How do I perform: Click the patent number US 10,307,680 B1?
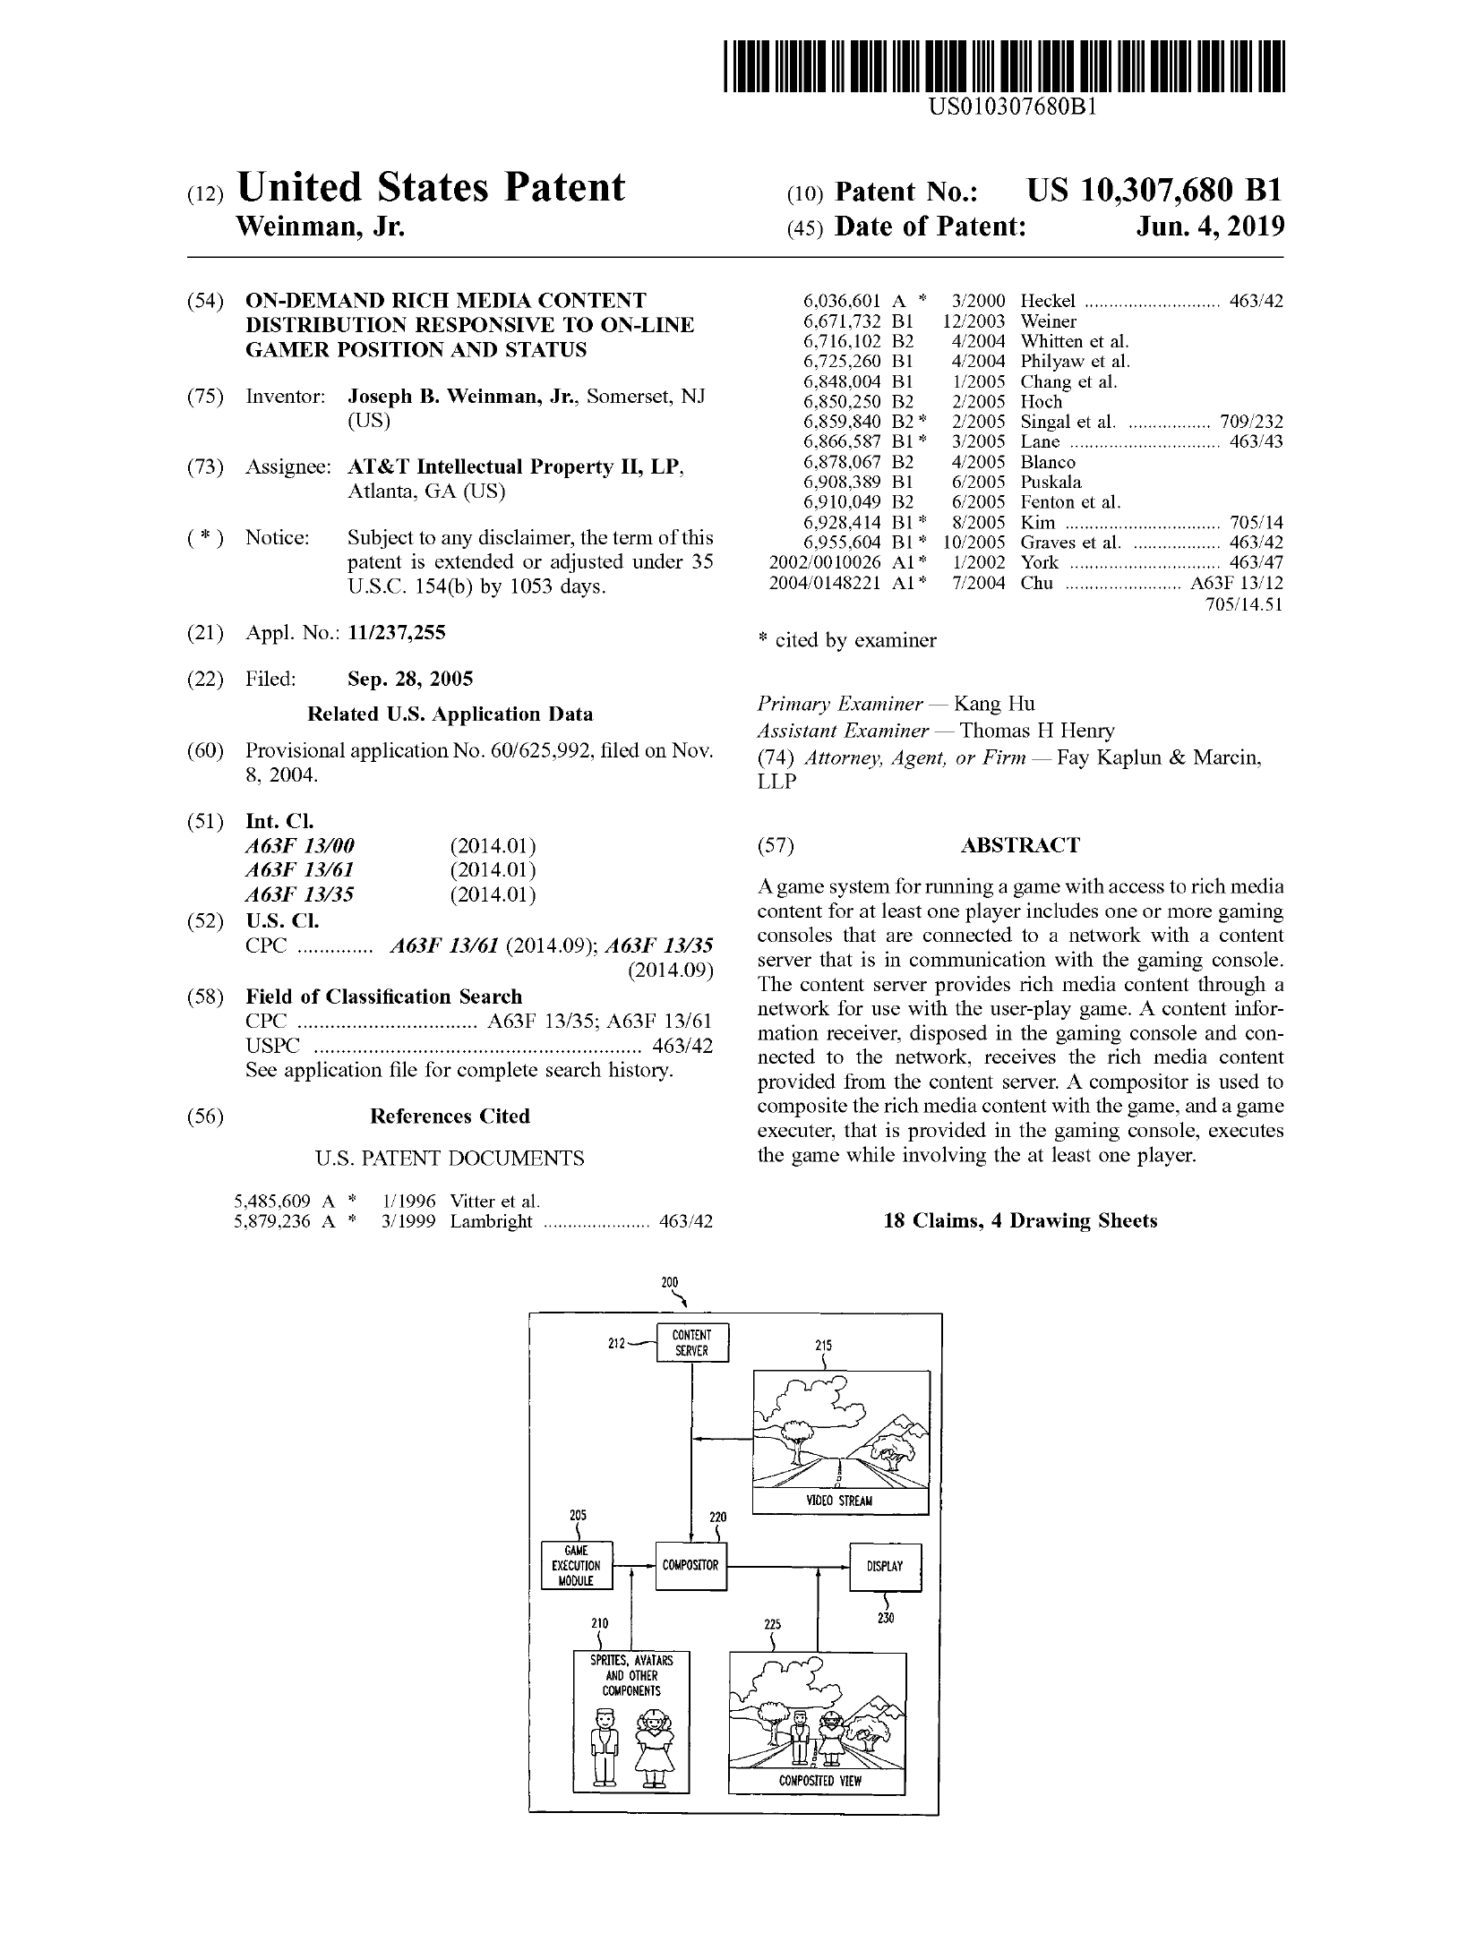coord(1154,191)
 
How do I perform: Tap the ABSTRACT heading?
coord(1020,845)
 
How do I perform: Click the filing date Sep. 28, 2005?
coord(410,679)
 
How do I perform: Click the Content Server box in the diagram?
coord(692,1342)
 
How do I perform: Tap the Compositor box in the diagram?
coord(690,1566)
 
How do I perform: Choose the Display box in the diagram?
coord(884,1567)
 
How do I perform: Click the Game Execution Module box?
coord(577,1566)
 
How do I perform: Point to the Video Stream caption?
coord(839,1501)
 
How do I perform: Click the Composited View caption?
coord(819,1781)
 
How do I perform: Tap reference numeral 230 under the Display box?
coord(886,1618)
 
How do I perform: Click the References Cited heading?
coord(450,1116)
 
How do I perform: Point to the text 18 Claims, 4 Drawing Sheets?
coord(1020,1220)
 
